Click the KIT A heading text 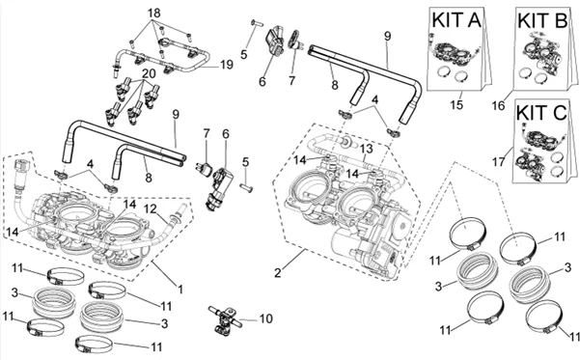click(x=456, y=20)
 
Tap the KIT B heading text click(x=542, y=20)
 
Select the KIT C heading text click(x=541, y=113)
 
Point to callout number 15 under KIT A click(x=456, y=104)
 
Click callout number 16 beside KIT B click(x=498, y=105)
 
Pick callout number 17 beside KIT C click(x=499, y=162)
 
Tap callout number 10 click(x=265, y=318)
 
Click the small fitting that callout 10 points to click(x=225, y=318)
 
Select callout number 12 click(x=151, y=208)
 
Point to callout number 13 click(x=367, y=149)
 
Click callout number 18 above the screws click(x=154, y=14)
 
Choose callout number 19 click(x=227, y=65)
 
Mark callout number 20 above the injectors click(x=149, y=74)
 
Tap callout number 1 click(x=180, y=289)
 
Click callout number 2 click(x=278, y=273)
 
